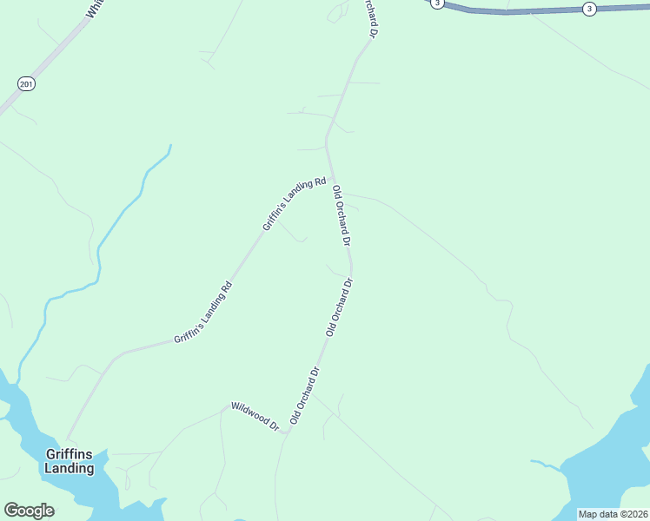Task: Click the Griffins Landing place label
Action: tap(70, 461)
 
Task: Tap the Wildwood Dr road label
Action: tap(254, 417)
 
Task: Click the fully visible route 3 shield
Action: tap(589, 9)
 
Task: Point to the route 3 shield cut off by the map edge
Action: tap(437, 3)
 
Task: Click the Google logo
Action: tap(29, 511)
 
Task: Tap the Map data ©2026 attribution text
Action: tap(613, 514)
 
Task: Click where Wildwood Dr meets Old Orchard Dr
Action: tap(288, 432)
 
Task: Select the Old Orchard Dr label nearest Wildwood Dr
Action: tap(305, 395)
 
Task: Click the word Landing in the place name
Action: tap(70, 468)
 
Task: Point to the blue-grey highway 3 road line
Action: tap(521, 11)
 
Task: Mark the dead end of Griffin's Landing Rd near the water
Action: tap(69, 437)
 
